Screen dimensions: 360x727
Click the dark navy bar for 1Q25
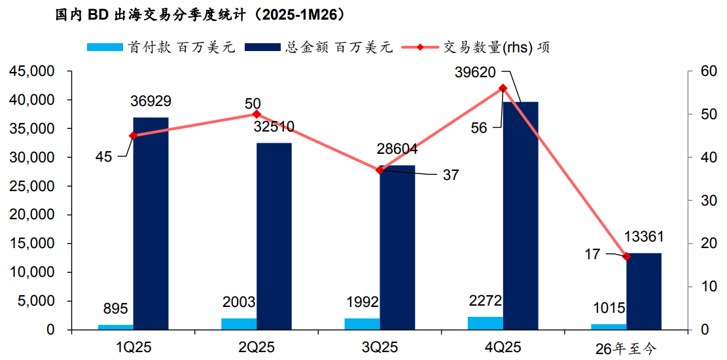click(x=151, y=223)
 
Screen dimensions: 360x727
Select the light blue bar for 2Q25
click(x=239, y=324)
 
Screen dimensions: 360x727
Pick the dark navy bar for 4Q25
click(x=520, y=216)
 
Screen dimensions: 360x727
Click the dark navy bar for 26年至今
click(x=644, y=291)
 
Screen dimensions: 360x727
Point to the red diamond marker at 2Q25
click(x=257, y=114)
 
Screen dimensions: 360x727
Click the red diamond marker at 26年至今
click(x=626, y=257)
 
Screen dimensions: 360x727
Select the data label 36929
click(x=151, y=101)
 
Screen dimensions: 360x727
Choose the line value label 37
click(x=451, y=175)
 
